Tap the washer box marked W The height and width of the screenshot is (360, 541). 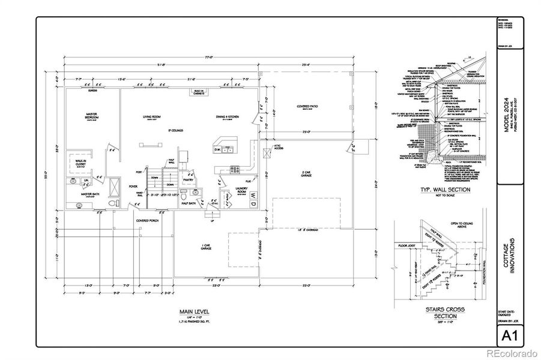(253, 196)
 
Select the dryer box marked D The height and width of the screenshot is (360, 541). (253, 204)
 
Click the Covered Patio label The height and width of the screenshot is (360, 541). (307, 107)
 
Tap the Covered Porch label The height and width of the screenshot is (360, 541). (147, 220)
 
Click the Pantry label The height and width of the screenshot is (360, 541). (188, 179)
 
